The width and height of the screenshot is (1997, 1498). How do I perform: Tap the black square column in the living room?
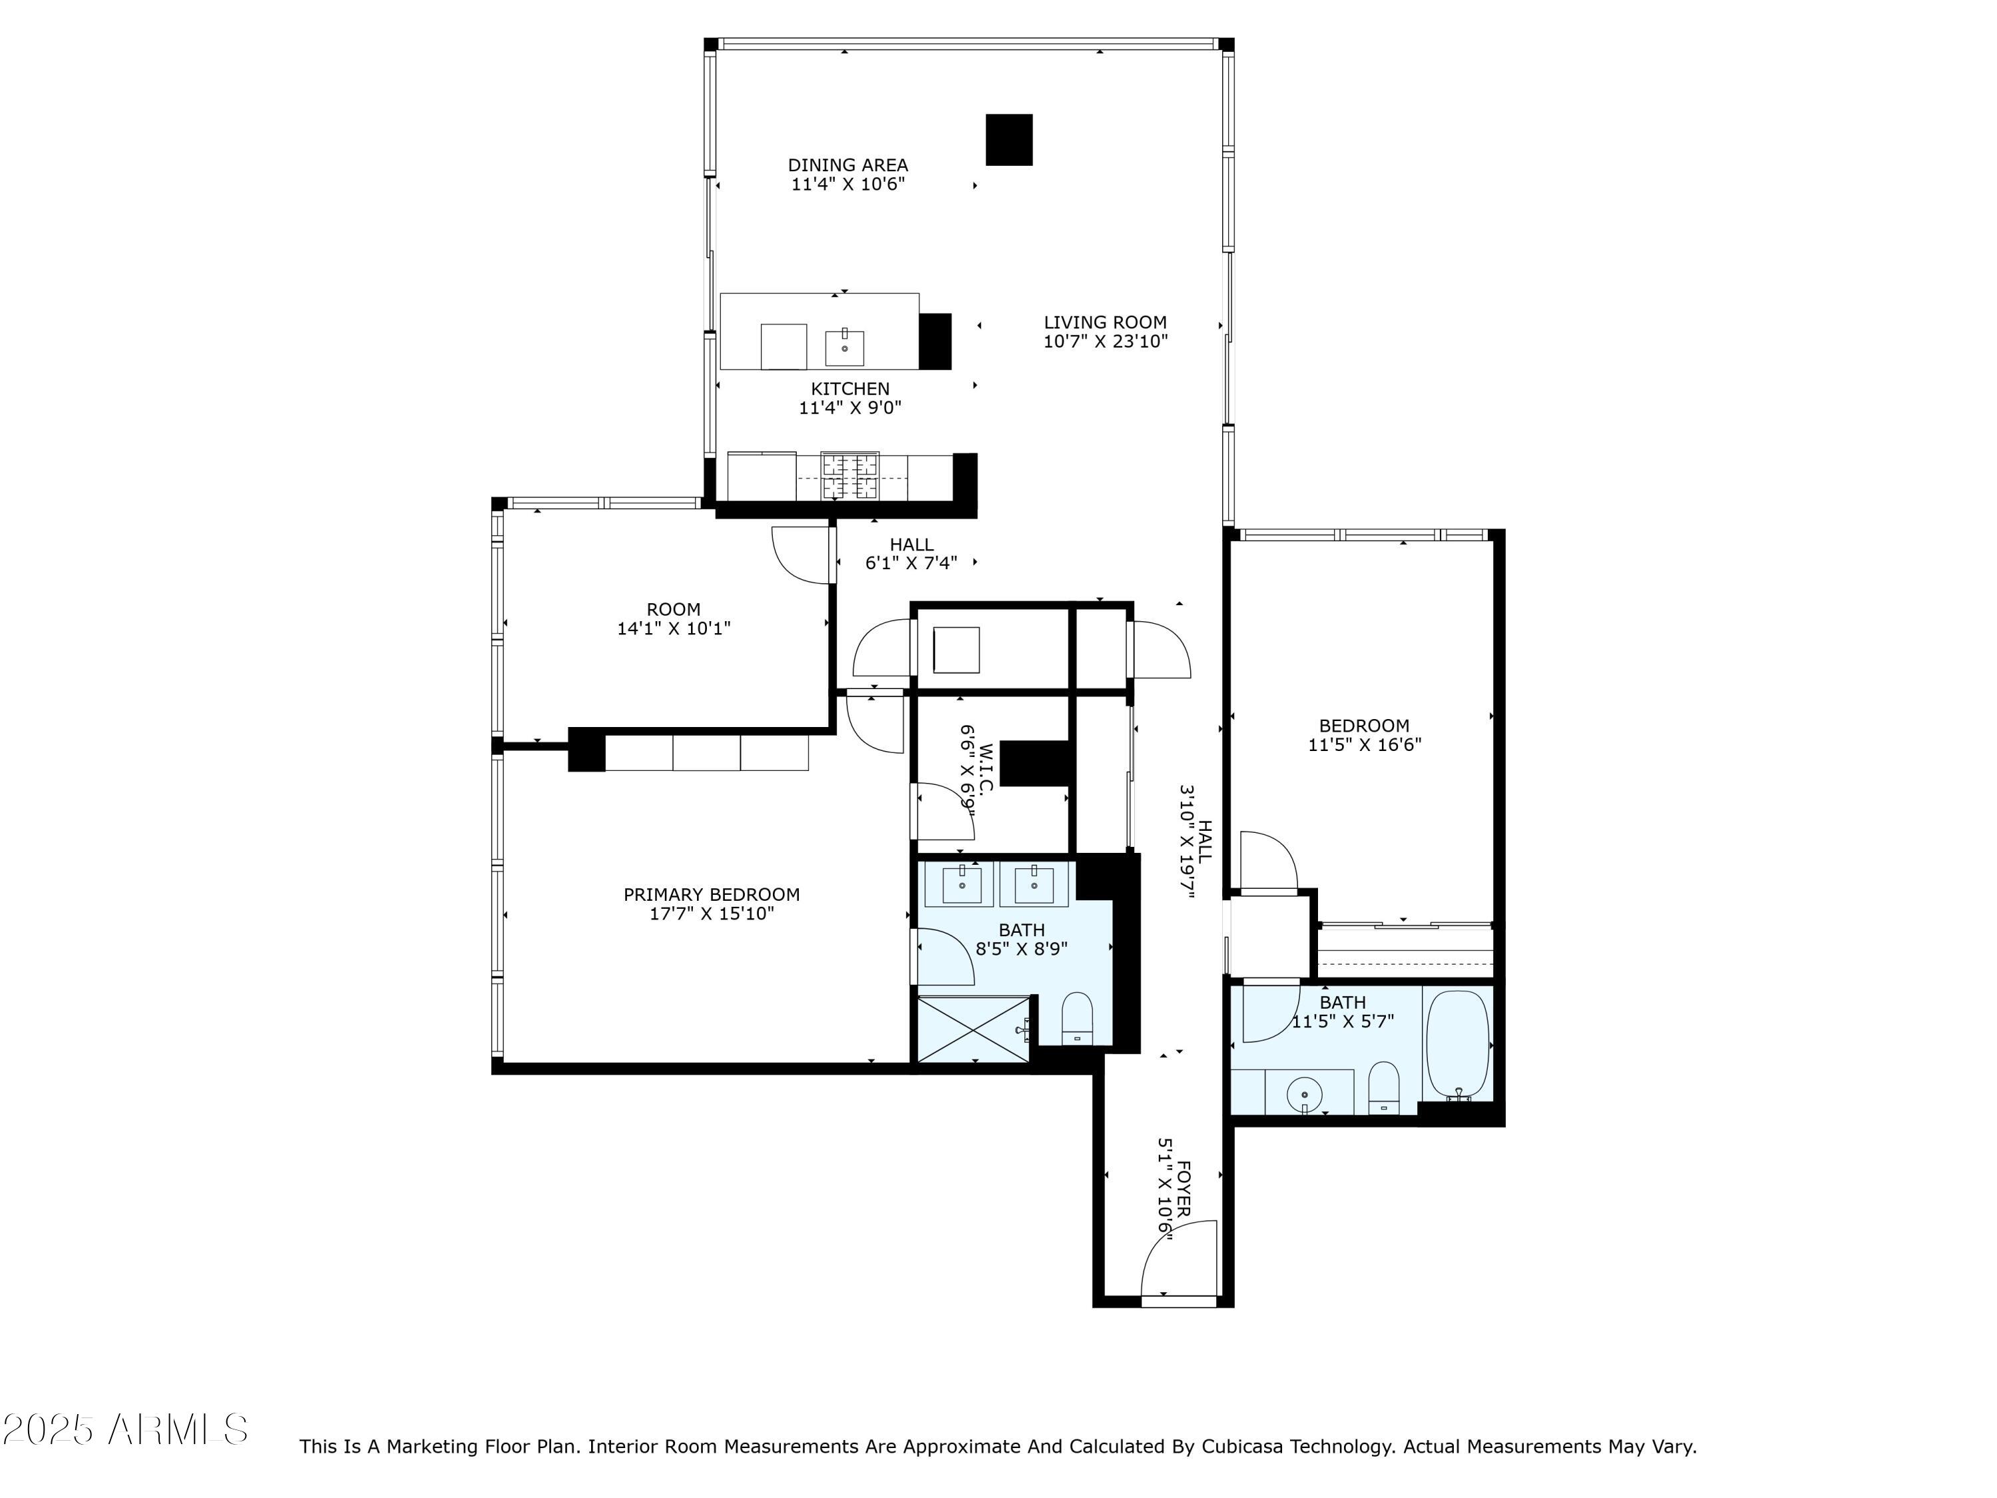point(1008,140)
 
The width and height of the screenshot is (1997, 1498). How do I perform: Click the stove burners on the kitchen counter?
point(849,477)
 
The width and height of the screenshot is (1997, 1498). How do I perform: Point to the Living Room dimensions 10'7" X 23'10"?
point(1105,342)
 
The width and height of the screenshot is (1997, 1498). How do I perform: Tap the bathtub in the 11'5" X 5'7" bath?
point(1457,1045)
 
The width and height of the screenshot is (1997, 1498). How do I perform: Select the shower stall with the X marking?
point(973,1029)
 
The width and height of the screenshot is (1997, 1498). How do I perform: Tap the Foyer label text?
point(1184,1187)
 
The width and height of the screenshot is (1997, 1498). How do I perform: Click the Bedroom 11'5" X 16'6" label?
point(1363,726)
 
